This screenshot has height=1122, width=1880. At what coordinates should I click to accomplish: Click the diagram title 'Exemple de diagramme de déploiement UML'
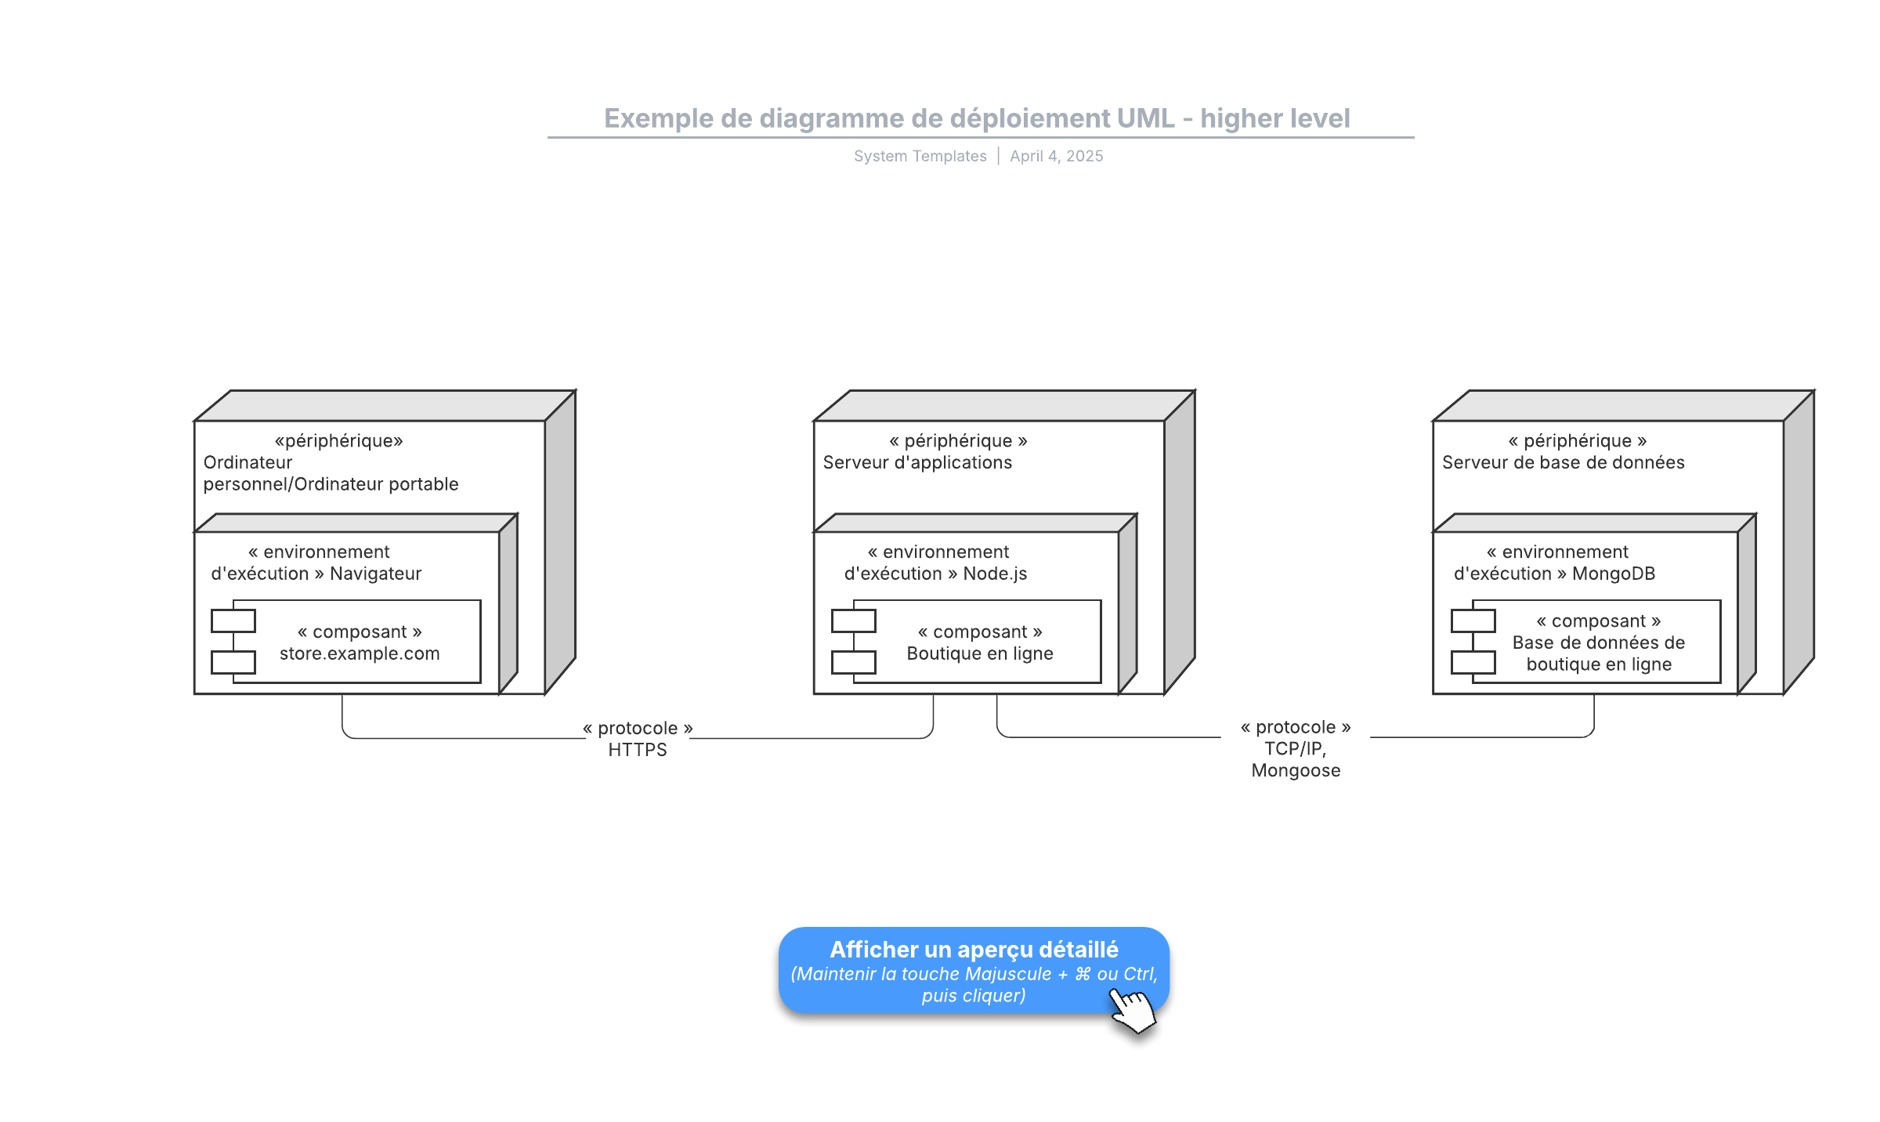pyautogui.click(x=889, y=118)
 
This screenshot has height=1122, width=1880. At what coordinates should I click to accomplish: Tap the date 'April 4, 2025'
pyautogui.click(x=1056, y=156)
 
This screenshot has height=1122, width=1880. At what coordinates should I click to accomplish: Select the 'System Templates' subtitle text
pyautogui.click(x=920, y=156)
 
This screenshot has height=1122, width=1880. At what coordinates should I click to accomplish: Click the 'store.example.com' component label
pyautogui.click(x=360, y=653)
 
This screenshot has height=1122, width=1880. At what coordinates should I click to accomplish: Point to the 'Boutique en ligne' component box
pyautogui.click(x=967, y=642)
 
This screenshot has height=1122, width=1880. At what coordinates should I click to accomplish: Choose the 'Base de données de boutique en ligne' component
pyautogui.click(x=1586, y=642)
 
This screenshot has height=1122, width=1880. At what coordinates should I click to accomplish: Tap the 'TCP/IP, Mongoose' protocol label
pyautogui.click(x=1296, y=749)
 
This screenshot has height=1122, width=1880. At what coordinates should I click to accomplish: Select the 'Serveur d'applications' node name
pyautogui.click(x=917, y=462)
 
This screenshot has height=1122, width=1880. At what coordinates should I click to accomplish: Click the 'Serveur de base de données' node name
pyautogui.click(x=1563, y=462)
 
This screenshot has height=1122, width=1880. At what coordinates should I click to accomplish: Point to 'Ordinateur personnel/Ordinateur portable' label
pyautogui.click(x=331, y=473)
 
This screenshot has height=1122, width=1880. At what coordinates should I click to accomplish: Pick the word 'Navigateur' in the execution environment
pyautogui.click(x=375, y=574)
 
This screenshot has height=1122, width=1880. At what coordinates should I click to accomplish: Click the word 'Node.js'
pyautogui.click(x=995, y=574)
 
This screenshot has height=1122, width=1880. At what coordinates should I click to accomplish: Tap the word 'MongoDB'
pyautogui.click(x=1614, y=574)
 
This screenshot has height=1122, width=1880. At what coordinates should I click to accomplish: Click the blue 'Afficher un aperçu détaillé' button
pyautogui.click(x=974, y=971)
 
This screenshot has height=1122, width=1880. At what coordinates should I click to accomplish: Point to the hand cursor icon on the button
pyautogui.click(x=1133, y=1011)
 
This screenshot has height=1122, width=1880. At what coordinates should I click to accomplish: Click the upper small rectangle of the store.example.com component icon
pyautogui.click(x=233, y=621)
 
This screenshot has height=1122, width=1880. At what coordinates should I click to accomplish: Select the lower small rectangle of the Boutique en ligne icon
pyautogui.click(x=854, y=662)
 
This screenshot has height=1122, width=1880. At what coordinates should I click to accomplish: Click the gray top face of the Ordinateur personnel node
pyautogui.click(x=385, y=406)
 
